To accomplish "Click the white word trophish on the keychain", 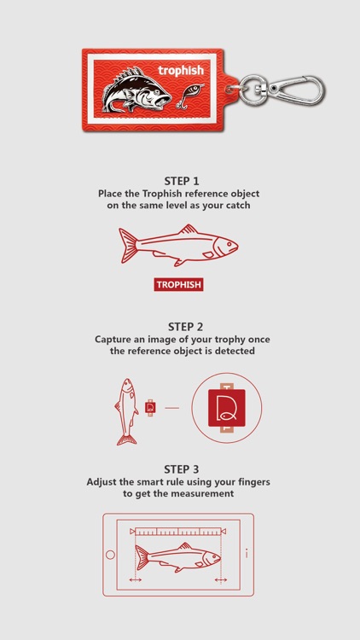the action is click(180, 71).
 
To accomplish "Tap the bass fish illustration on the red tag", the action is click(136, 90).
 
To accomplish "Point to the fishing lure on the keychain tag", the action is click(190, 95).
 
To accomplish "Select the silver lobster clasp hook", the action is click(297, 90).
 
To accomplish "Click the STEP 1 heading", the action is click(182, 181).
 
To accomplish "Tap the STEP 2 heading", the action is click(185, 327).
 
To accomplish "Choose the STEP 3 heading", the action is click(182, 469).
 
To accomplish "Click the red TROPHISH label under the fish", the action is click(178, 284).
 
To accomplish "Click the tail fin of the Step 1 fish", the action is click(128, 245).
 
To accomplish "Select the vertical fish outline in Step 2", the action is click(126, 411).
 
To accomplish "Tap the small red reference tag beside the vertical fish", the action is click(150, 408).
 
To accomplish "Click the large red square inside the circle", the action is click(227, 408).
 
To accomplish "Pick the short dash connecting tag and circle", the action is click(171, 408).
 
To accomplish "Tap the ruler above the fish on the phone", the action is click(178, 531).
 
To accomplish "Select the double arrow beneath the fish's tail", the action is click(135, 579).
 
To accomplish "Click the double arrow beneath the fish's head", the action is click(221, 579).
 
